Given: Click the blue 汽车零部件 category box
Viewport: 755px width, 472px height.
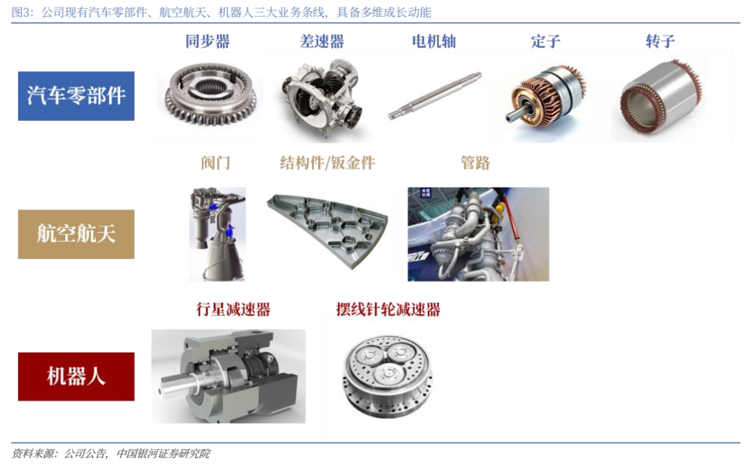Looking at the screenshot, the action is [76, 96].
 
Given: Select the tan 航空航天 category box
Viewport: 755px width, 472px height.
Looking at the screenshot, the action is [76, 235].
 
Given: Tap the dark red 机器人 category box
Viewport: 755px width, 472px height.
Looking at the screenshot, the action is [76, 377].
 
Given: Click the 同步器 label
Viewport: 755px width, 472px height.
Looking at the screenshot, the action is [208, 41].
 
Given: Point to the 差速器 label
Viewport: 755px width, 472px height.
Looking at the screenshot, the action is [322, 41].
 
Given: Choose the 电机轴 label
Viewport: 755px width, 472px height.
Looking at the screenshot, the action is [434, 41].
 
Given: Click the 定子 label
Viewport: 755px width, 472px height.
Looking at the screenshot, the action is [545, 41].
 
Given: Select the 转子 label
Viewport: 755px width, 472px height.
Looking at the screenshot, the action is [660, 41].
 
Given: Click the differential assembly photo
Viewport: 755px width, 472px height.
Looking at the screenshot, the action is [322, 98].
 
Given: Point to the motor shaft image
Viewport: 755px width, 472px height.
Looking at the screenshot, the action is [435, 96].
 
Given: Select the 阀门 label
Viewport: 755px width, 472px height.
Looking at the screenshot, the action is [216, 163].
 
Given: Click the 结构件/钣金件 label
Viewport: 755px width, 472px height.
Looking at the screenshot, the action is [327, 163].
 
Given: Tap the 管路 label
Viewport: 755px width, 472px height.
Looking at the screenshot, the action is [475, 163].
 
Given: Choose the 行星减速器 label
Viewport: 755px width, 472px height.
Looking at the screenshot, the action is [233, 309].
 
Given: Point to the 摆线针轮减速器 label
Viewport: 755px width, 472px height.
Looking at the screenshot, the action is [388, 309].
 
